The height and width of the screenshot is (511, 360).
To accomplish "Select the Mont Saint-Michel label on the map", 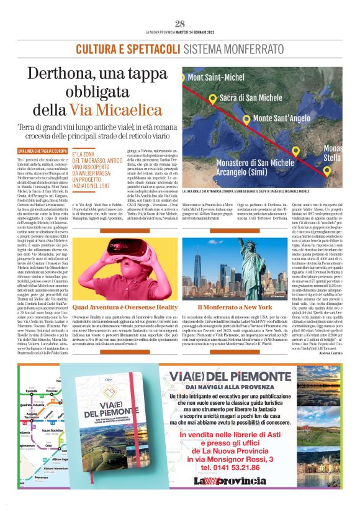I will pyautogui.click(x=216, y=78).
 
